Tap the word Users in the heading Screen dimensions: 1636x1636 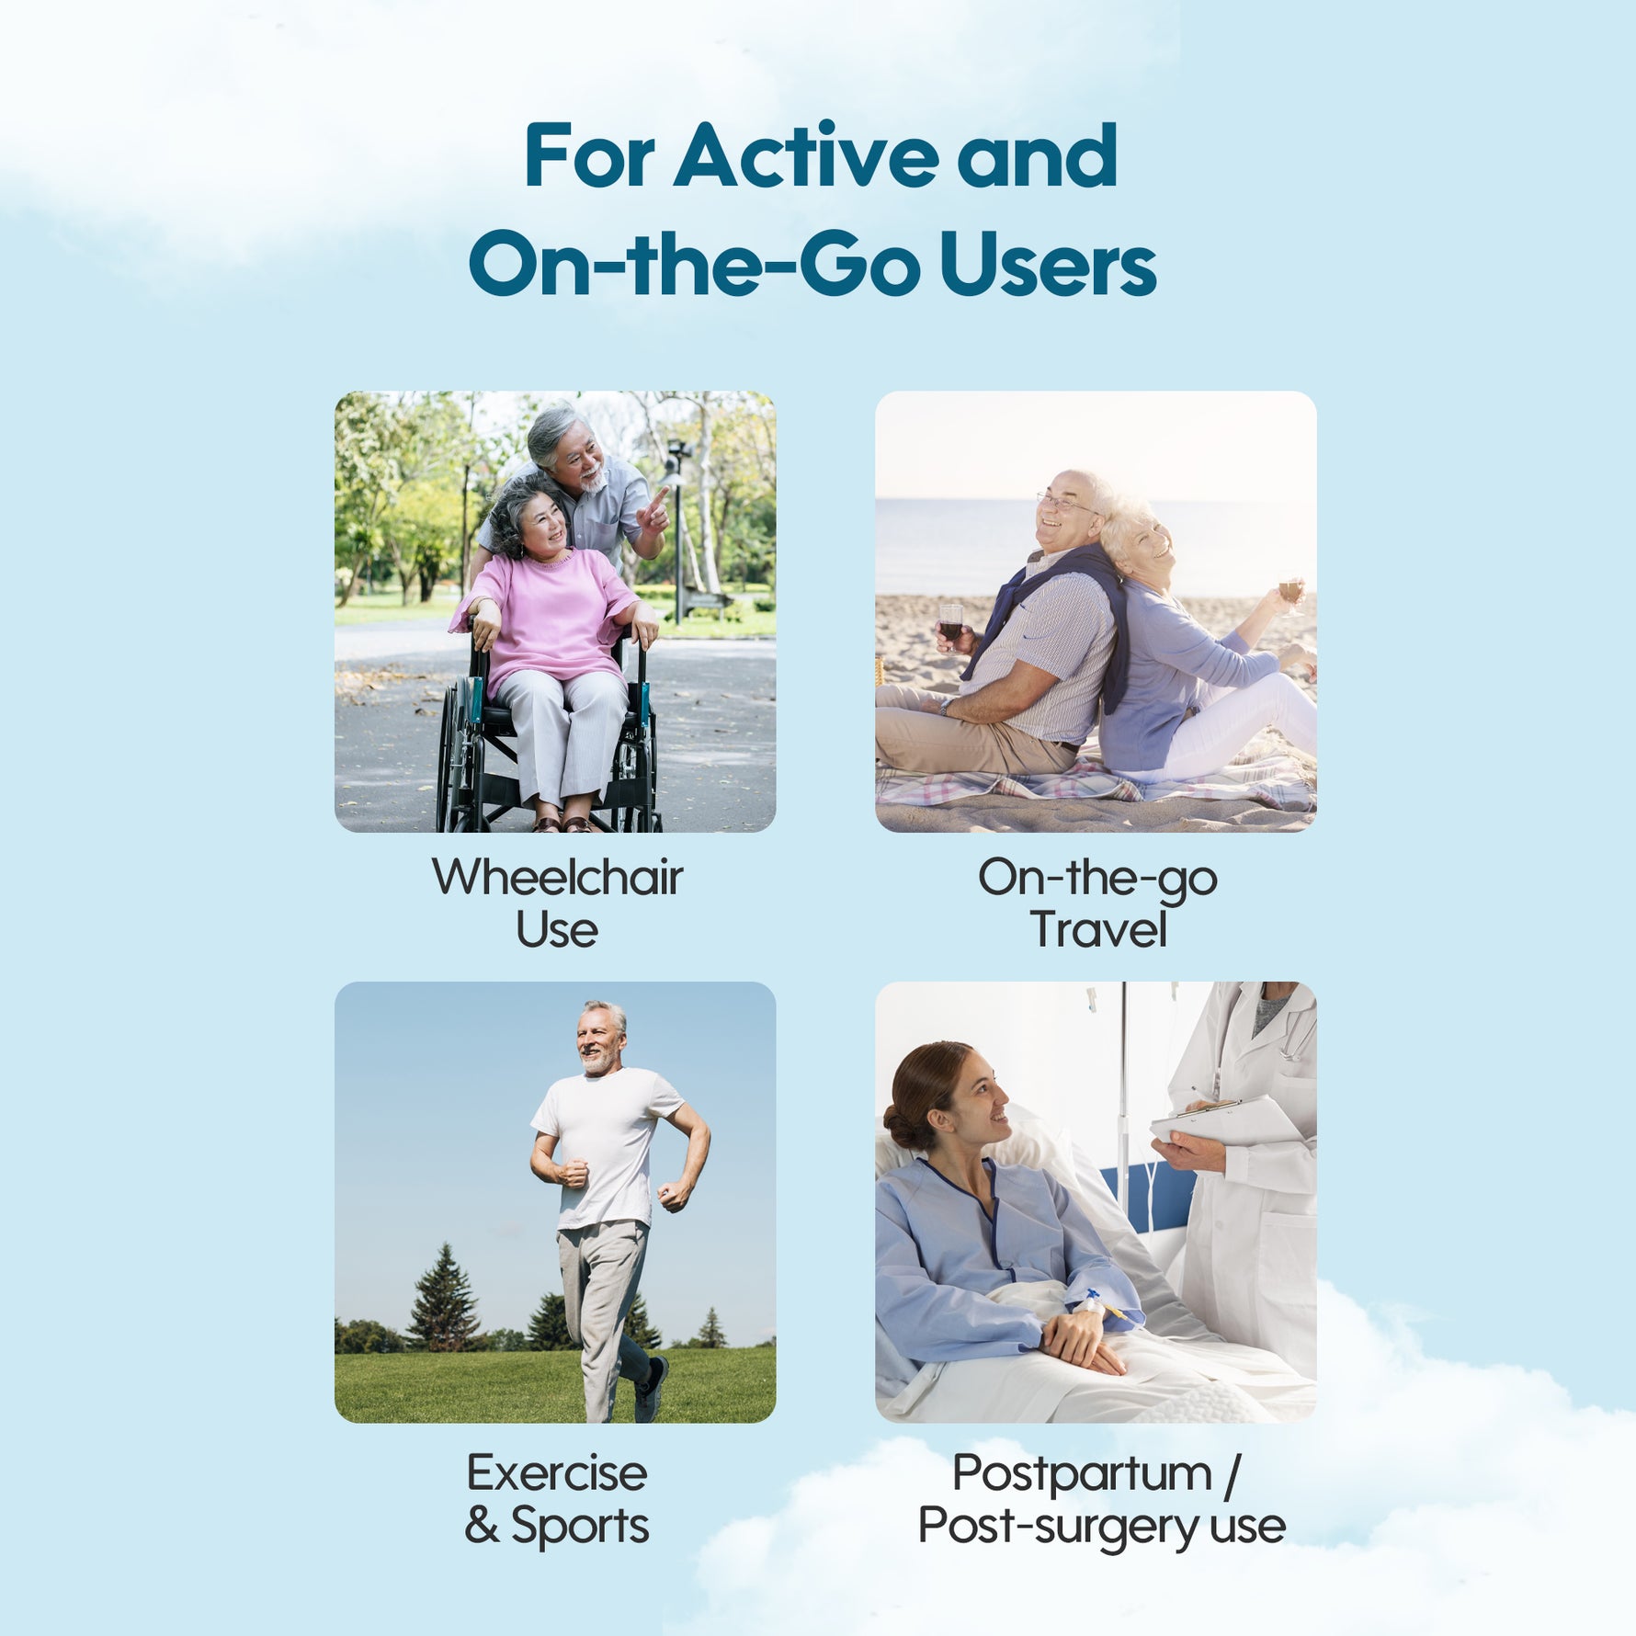[1047, 264]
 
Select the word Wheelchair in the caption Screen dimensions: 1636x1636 [557, 877]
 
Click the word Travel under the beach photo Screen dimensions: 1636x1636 [1098, 929]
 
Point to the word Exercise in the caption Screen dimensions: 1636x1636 [557, 1474]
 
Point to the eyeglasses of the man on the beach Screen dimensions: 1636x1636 [1066, 503]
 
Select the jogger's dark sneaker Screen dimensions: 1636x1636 [650, 1389]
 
